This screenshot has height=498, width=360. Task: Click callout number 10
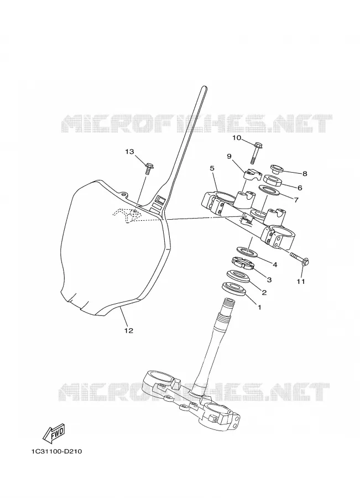click(237, 138)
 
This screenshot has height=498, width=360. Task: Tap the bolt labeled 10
click(257, 153)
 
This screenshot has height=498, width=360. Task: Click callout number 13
click(129, 152)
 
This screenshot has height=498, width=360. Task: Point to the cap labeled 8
click(276, 169)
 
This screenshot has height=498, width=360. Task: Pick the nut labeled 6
click(273, 180)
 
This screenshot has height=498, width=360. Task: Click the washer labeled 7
click(269, 191)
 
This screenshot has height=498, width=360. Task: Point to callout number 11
click(301, 282)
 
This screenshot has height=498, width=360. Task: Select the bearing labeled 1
click(234, 289)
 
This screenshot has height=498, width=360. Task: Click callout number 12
click(128, 331)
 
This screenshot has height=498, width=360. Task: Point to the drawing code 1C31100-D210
click(56, 451)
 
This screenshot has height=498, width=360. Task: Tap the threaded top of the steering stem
click(228, 305)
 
